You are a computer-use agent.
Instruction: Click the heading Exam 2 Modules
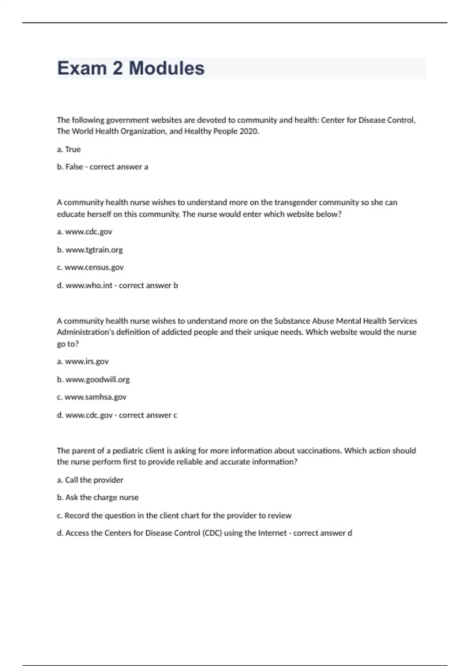click(x=131, y=68)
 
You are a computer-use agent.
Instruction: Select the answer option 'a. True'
click(x=69, y=149)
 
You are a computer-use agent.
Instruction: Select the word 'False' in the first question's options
click(x=74, y=167)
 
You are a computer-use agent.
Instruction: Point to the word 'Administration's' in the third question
click(x=86, y=332)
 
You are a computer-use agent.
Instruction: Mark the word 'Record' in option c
click(x=77, y=516)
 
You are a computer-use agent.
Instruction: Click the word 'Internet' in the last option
click(x=272, y=533)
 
